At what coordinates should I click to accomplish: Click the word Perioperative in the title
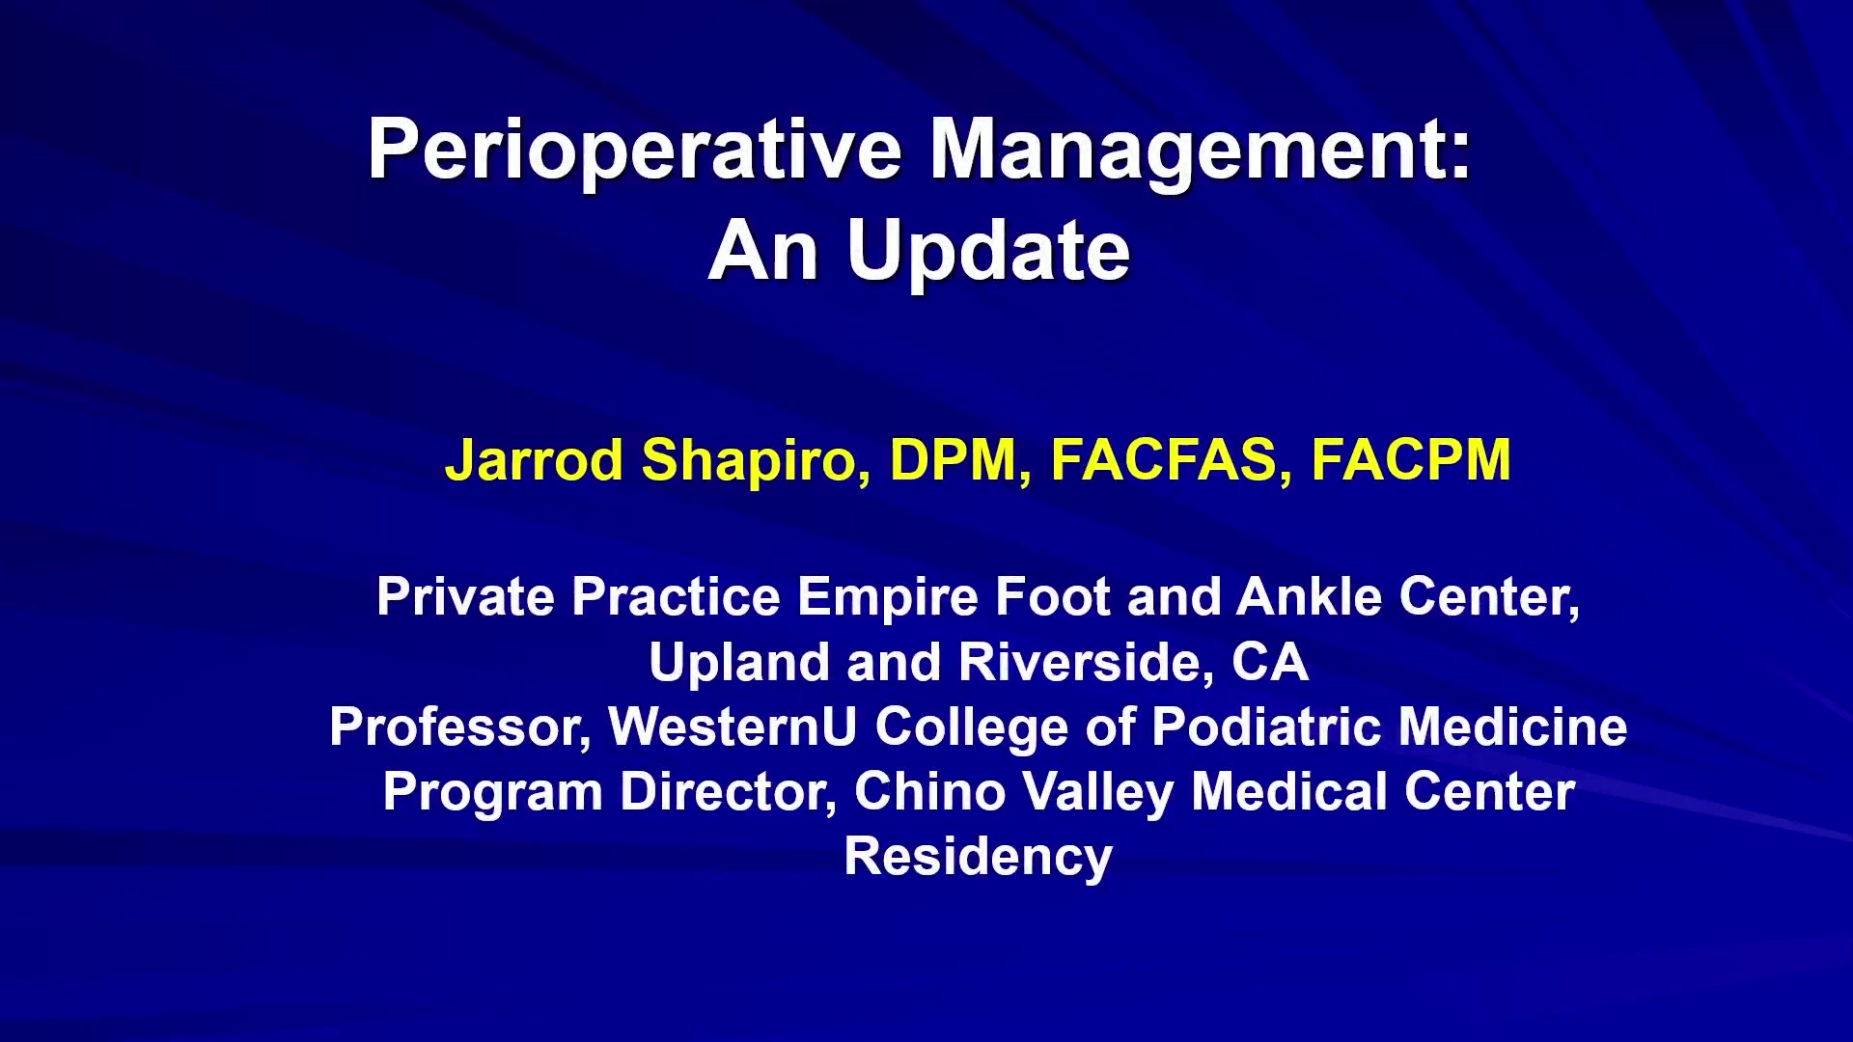(635, 151)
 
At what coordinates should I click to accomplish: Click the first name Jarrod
(534, 459)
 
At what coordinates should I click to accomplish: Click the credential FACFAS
(1164, 459)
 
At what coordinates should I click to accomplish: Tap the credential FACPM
(1411, 459)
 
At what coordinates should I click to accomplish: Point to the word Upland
(740, 663)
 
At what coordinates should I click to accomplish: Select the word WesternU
(733, 727)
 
